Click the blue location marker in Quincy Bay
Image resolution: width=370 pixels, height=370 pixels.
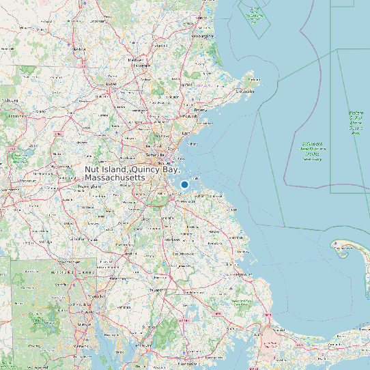184,184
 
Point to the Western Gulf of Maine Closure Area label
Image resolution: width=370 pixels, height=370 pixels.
356,123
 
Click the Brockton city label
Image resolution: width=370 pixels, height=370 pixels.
180,240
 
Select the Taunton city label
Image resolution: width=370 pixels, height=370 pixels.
158,289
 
